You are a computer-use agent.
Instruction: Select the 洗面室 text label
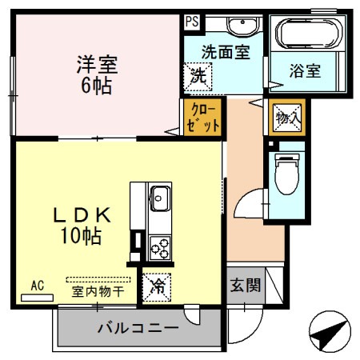tap(226, 51)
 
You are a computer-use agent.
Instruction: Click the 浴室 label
tap(305, 70)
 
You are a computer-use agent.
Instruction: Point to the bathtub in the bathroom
tap(309, 35)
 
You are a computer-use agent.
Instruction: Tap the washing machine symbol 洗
tap(197, 78)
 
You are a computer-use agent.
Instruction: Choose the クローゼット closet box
tap(200, 118)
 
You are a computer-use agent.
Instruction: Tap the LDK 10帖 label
tap(82, 226)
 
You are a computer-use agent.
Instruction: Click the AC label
tap(37, 285)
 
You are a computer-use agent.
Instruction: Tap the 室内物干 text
tap(98, 292)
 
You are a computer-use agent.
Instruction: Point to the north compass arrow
tap(330, 334)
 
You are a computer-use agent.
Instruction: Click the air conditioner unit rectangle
tap(37, 297)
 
